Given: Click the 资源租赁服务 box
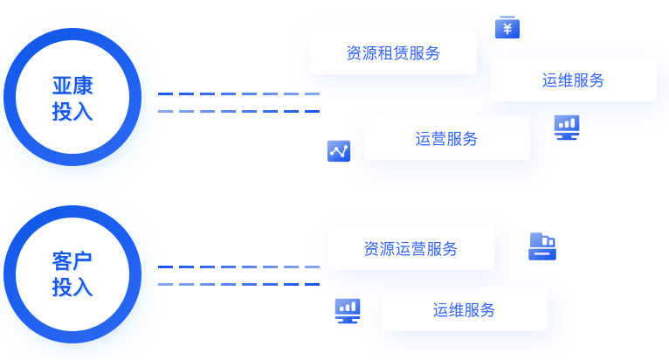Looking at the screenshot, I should coord(393,52).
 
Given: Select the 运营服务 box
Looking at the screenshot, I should coord(446,138).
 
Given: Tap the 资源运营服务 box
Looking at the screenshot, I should coord(410,248).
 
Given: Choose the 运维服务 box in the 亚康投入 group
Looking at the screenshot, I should coord(573,80).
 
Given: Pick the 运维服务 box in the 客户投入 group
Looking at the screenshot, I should coord(464,309).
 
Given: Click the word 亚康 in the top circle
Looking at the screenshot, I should coord(72,86).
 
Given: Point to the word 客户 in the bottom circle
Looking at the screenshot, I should coord(72,260).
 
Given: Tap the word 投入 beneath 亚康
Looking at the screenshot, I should coord(72,112).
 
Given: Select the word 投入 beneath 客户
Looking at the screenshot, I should coord(72,287).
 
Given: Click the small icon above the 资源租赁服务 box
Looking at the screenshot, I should coord(507,28).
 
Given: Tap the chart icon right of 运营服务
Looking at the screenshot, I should coord(567,127).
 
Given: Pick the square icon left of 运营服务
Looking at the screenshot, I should coord(339,150).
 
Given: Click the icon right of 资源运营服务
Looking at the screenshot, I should coord(542,246).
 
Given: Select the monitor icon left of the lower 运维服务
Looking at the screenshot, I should coord(348,310).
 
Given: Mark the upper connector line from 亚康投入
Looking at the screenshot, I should coord(229,93).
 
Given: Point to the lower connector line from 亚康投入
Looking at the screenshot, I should coord(236,111).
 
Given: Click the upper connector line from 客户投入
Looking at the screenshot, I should coord(238,267).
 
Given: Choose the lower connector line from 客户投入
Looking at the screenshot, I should coord(238,284).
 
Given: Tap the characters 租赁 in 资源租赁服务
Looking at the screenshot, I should coord(393,52).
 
